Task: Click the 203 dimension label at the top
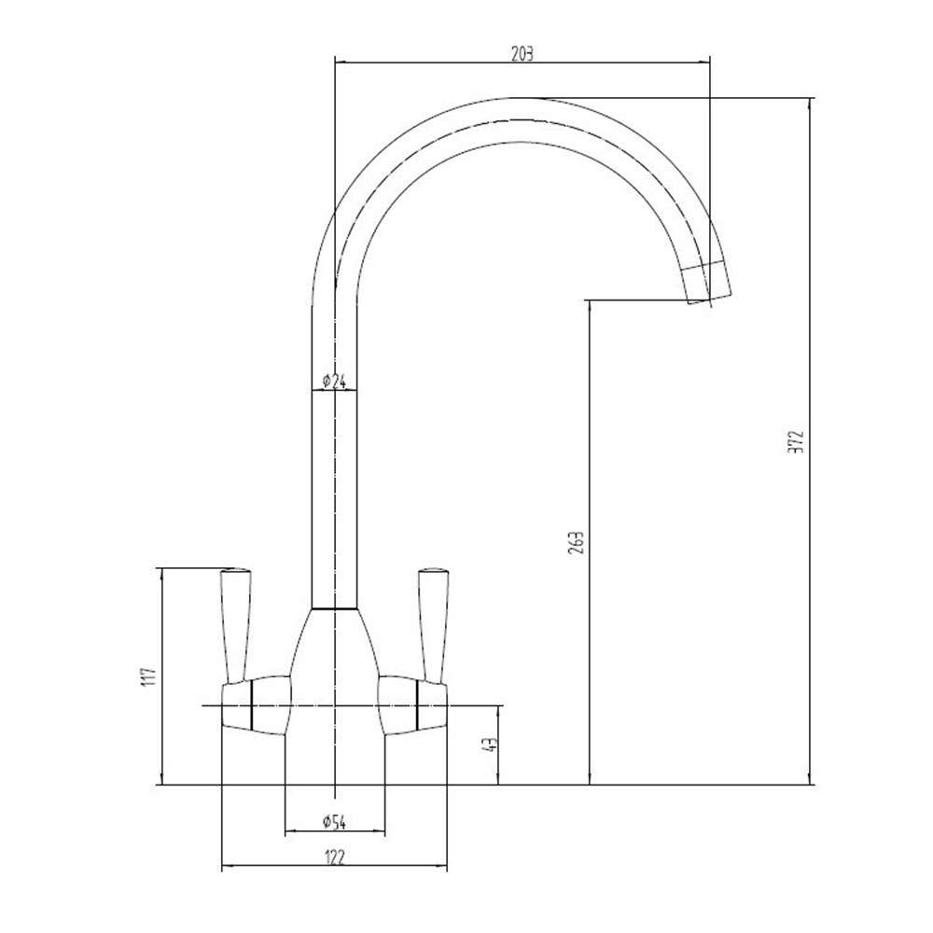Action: coord(522,54)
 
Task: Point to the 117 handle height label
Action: coord(148,676)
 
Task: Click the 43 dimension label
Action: coord(492,745)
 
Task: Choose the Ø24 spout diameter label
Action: coord(334,381)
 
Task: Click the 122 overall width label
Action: coord(334,857)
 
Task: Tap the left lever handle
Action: coord(236,625)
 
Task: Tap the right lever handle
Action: coord(433,625)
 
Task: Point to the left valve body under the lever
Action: coord(257,705)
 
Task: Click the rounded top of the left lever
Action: coord(236,573)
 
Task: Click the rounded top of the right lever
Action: coord(433,573)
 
